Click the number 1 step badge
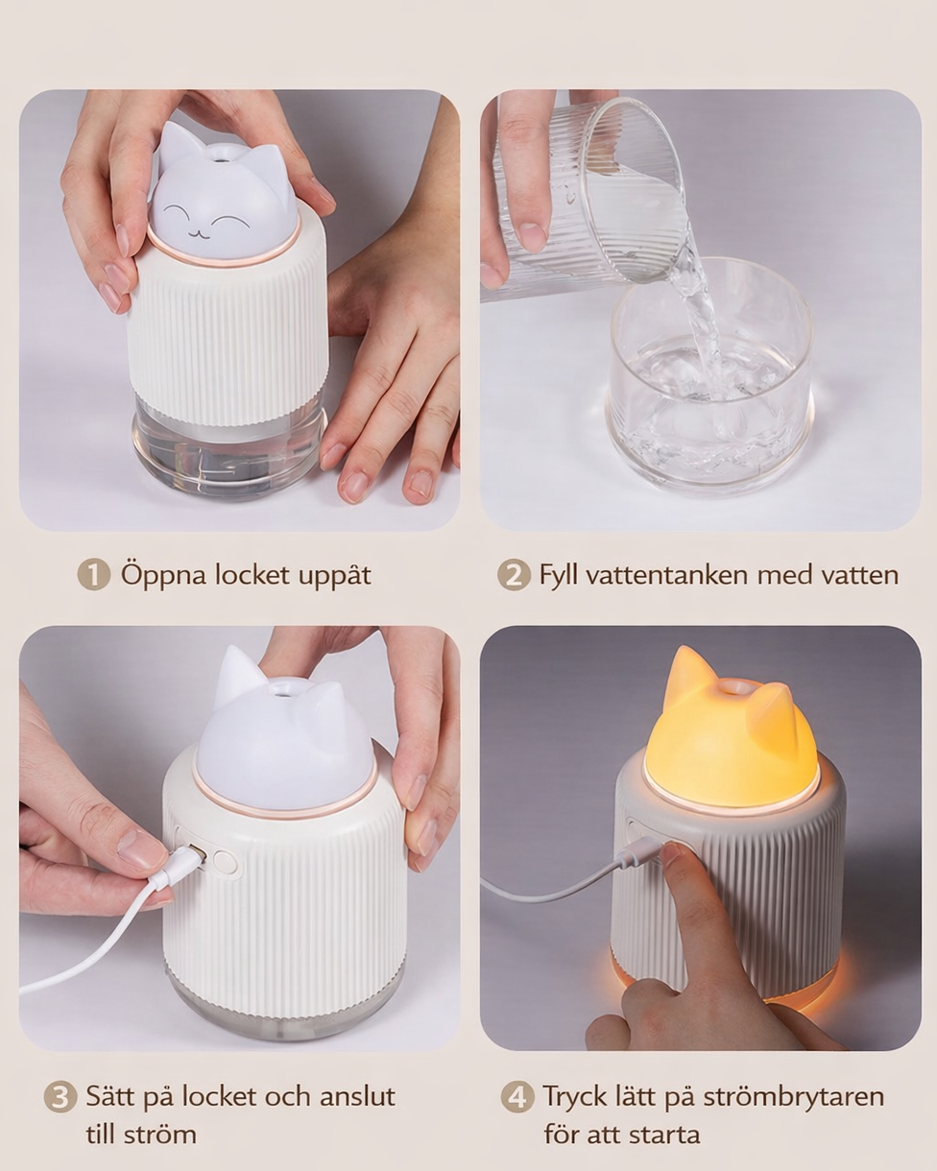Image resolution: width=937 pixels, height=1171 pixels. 93,575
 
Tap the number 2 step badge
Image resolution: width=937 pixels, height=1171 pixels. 514,575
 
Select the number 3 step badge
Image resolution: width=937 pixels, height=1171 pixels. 60,1097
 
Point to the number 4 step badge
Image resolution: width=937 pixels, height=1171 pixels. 517,1097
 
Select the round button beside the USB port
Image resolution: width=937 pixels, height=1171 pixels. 225,862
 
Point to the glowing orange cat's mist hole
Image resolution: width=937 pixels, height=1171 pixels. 736,687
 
